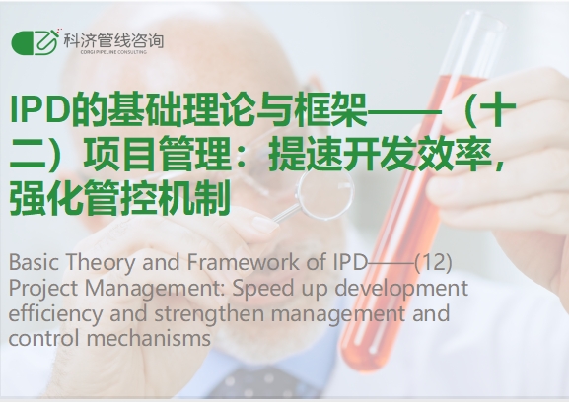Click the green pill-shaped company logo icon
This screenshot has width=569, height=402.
click(x=35, y=42)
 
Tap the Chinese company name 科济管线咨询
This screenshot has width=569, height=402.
click(x=113, y=41)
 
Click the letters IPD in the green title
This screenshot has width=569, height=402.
click(x=39, y=108)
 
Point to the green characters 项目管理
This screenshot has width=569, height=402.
click(x=157, y=154)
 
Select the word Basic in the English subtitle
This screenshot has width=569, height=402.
click(x=34, y=262)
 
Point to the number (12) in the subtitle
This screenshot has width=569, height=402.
click(x=433, y=262)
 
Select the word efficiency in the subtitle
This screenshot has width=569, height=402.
click(x=55, y=313)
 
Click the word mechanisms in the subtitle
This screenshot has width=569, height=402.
click(x=149, y=338)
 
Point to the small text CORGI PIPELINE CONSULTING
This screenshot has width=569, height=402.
click(x=113, y=52)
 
